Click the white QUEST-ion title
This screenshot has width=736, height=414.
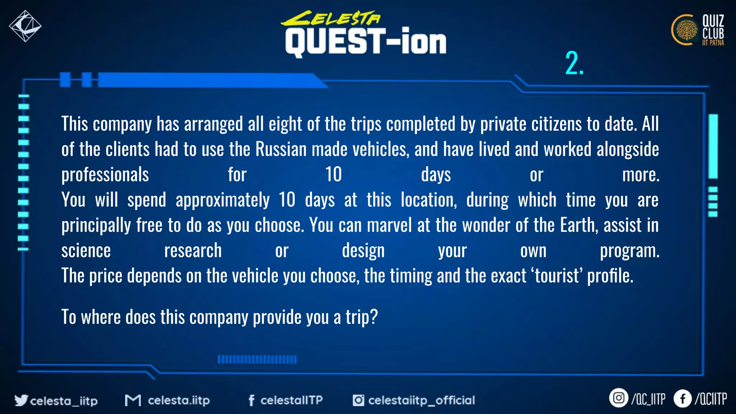pyautogui.click(x=365, y=42)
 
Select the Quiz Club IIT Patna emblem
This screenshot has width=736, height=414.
pyautogui.click(x=685, y=30)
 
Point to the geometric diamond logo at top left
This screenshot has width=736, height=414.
pyautogui.click(x=25, y=26)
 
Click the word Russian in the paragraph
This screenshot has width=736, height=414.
pyautogui.click(x=281, y=149)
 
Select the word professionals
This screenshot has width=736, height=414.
pyautogui.click(x=105, y=175)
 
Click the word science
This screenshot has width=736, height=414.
pyautogui.click(x=86, y=250)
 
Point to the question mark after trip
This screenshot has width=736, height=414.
pyautogui.click(x=374, y=317)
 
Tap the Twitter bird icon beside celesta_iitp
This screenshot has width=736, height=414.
pyautogui.click(x=21, y=400)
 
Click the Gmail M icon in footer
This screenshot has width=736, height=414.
pyautogui.click(x=133, y=400)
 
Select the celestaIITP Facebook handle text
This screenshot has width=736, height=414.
pyautogui.click(x=291, y=400)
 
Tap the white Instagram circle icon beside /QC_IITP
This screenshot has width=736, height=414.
pyautogui.click(x=618, y=398)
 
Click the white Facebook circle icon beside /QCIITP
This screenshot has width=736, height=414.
pyautogui.click(x=682, y=398)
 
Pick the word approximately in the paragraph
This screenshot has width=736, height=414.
pyautogui.click(x=222, y=200)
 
